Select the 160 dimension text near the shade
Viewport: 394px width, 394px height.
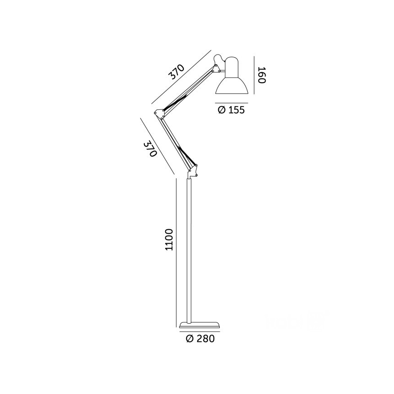point(261,75)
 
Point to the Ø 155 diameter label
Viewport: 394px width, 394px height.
point(231,110)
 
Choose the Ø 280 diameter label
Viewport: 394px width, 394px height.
point(200,339)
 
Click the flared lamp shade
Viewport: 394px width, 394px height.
point(233,82)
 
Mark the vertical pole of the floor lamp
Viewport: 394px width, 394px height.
point(191,250)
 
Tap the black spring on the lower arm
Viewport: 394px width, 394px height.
point(187,157)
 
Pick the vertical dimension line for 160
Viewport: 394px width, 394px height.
point(253,75)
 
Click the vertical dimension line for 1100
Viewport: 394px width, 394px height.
point(176,252)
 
